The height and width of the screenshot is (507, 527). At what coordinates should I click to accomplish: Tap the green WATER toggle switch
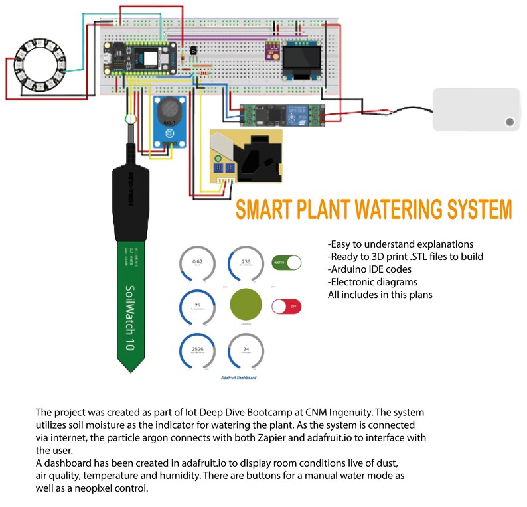pos(287,263)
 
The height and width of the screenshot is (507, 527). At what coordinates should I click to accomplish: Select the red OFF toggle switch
pos(287,307)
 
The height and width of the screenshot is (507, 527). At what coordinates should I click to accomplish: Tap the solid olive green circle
pos(246,307)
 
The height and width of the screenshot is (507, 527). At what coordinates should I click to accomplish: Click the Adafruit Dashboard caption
pos(238,377)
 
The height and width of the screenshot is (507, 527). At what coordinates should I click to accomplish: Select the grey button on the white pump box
pos(509,122)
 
